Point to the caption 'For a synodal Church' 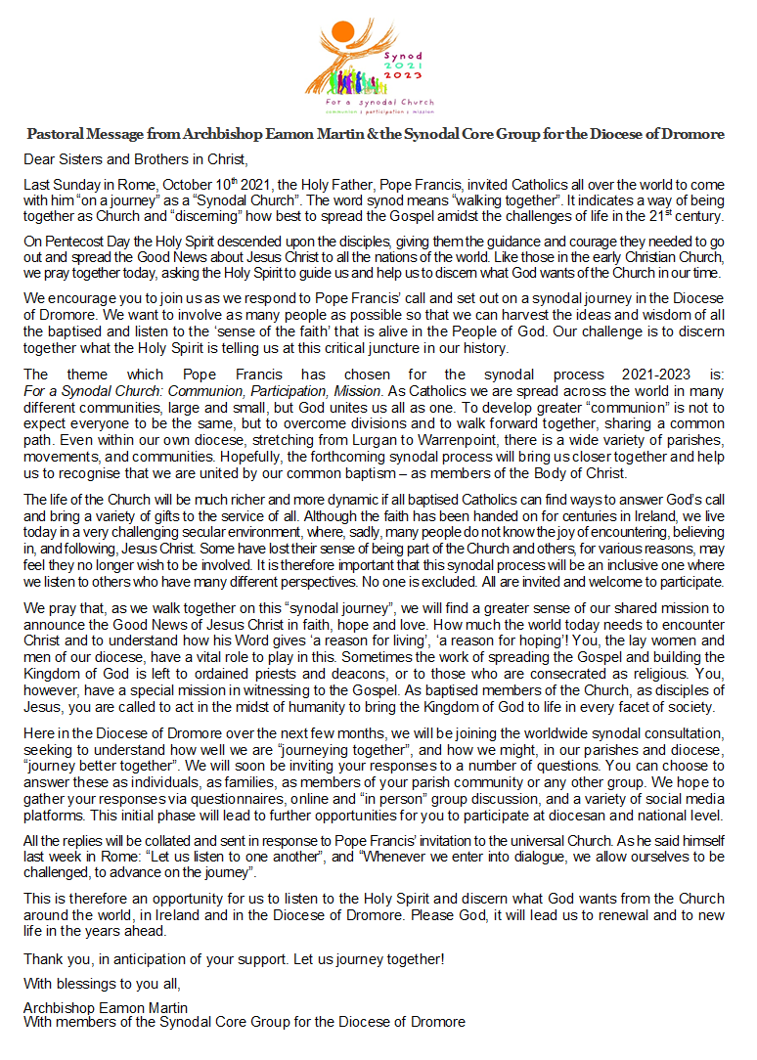tap(380, 101)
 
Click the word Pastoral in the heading tap(56, 134)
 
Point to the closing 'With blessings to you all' tap(103, 983)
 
